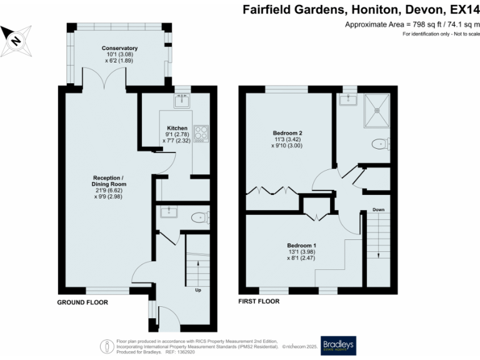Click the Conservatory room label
click(x=119, y=48)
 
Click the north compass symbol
click(x=17, y=39)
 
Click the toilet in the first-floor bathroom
click(x=380, y=144)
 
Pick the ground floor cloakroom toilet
click(x=199, y=218)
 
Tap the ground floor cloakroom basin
click(x=168, y=212)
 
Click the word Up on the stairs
click(x=199, y=291)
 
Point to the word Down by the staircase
click(x=378, y=209)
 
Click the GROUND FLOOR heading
click(x=82, y=302)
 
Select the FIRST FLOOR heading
click(x=259, y=301)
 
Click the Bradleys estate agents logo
click(x=338, y=346)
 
